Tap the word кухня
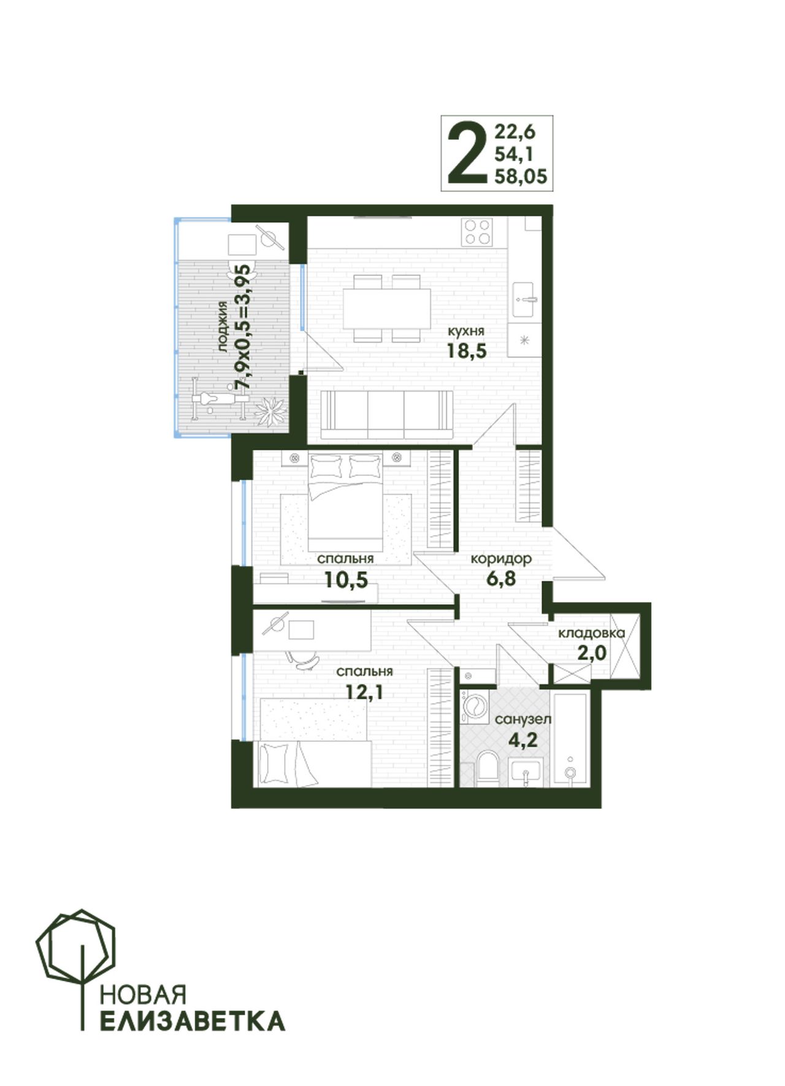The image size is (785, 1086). click(x=466, y=331)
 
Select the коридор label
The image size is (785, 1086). click(x=501, y=559)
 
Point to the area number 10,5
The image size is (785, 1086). click(x=346, y=579)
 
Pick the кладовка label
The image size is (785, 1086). click(x=591, y=633)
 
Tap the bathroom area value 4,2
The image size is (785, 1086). click(x=523, y=740)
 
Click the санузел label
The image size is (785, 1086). click(x=523, y=719)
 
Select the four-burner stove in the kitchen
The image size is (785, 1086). click(x=478, y=232)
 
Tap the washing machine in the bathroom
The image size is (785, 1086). click(x=473, y=708)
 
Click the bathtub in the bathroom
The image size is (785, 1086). click(x=570, y=739)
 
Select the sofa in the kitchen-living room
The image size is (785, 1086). click(x=386, y=415)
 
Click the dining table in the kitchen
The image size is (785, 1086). click(x=387, y=308)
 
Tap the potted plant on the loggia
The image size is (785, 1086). click(x=270, y=411)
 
